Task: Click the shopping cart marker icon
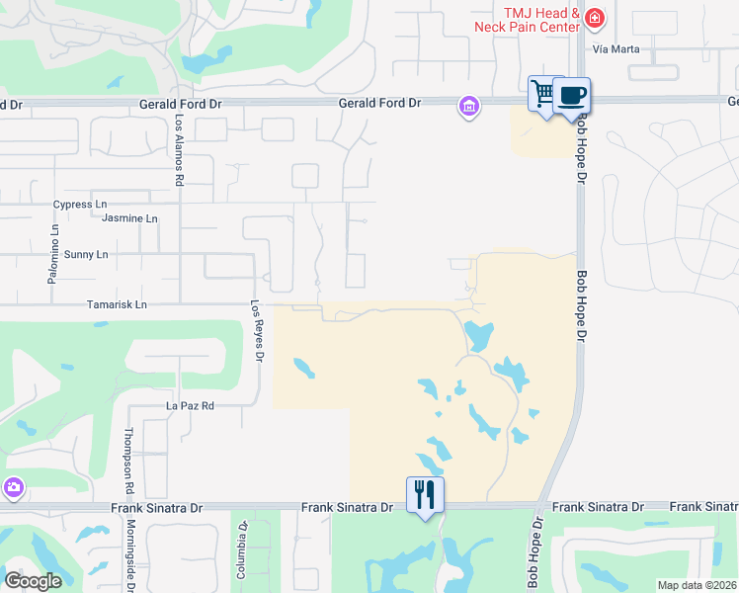542,95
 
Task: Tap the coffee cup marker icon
572,96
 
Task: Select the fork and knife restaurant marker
425,494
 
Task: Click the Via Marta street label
616,48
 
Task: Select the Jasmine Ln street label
131,218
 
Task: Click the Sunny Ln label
85,254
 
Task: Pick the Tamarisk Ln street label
117,305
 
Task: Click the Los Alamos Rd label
180,148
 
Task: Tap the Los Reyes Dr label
256,330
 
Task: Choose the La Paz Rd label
190,406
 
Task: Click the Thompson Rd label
128,462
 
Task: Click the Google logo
33,581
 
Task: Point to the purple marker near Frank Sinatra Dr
13,487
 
